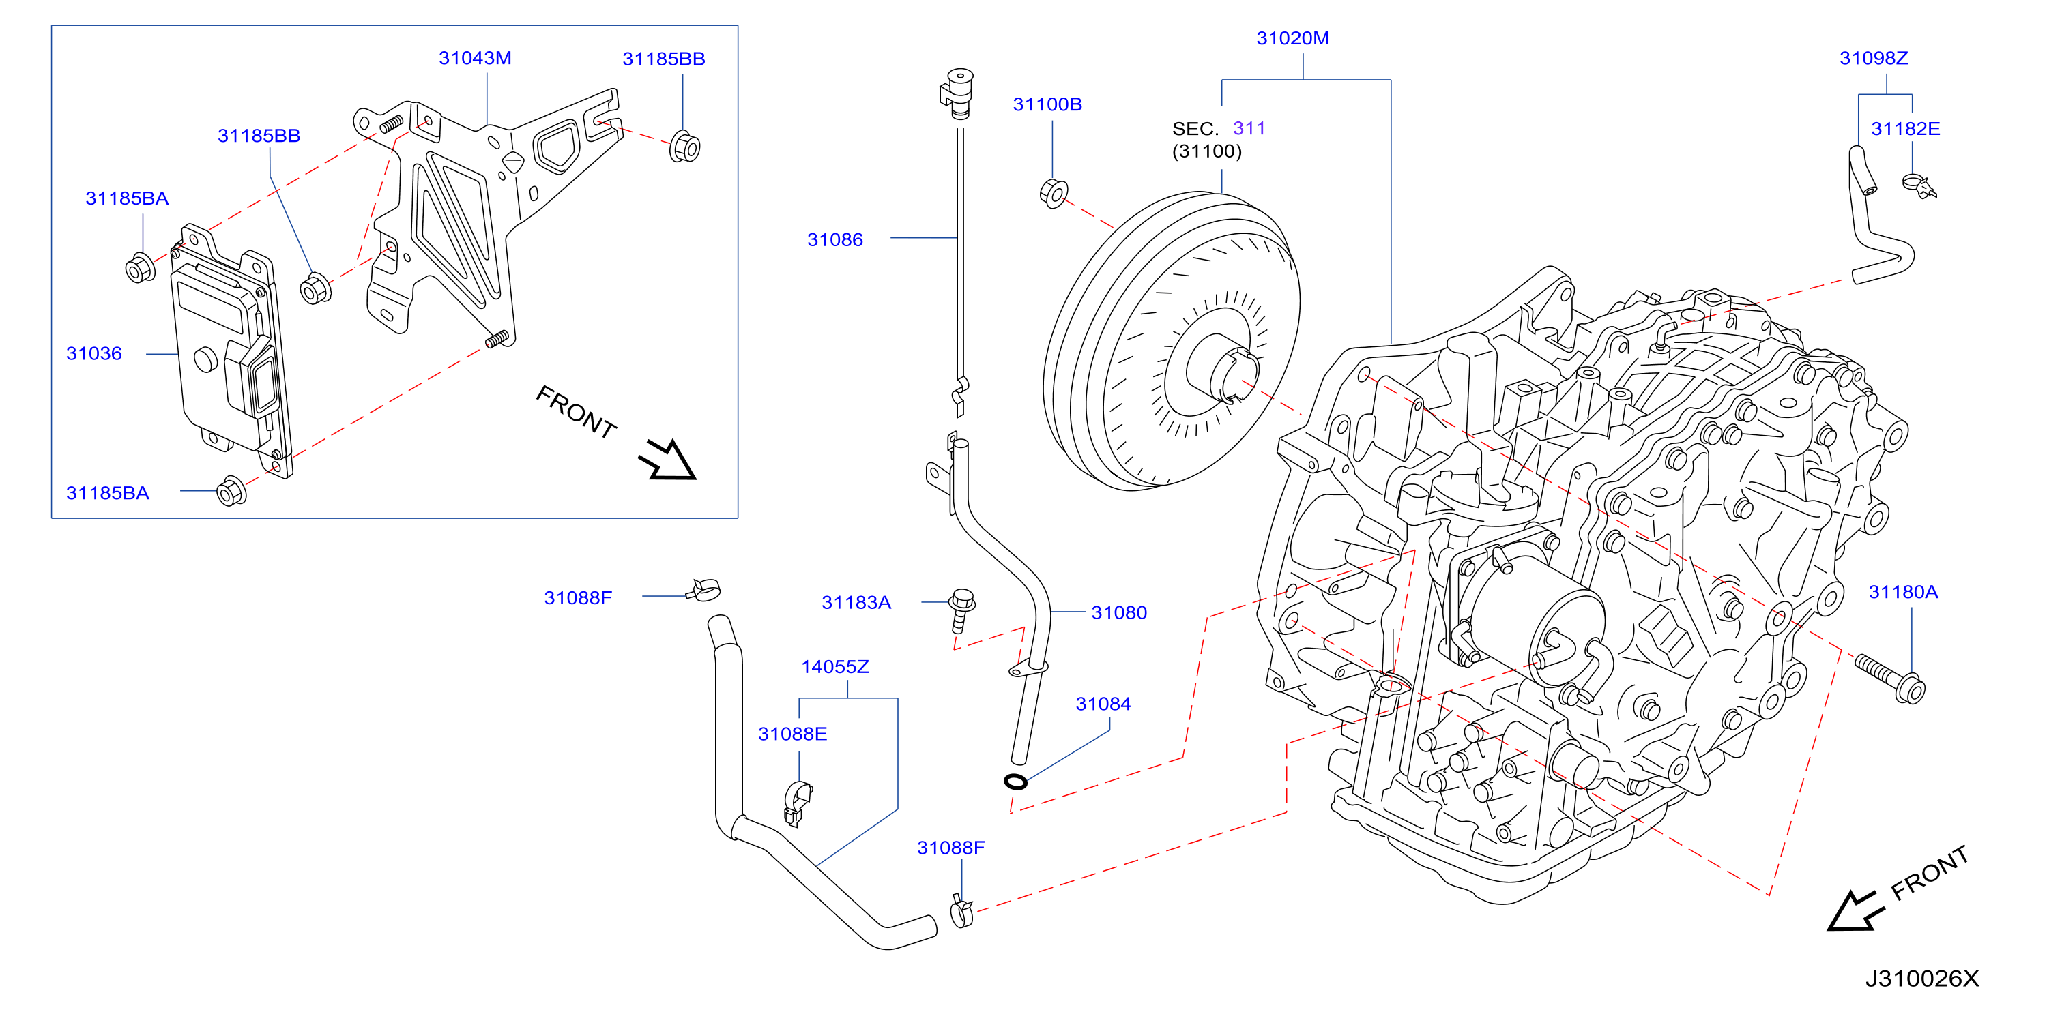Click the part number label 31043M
pyautogui.click(x=475, y=57)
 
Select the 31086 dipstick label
pyautogui.click(x=835, y=239)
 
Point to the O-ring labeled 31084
pyautogui.click(x=1016, y=782)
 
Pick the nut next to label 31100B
pyautogui.click(x=1054, y=194)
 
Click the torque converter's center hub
pyautogui.click(x=1222, y=368)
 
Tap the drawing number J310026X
pyautogui.click(x=1921, y=978)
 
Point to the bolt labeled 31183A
pyautogui.click(x=961, y=609)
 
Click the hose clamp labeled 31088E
pyautogui.click(x=797, y=803)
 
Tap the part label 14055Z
pyautogui.click(x=835, y=666)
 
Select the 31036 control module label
pyautogui.click(x=93, y=353)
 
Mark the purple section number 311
pyautogui.click(x=1249, y=128)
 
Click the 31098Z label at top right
pyautogui.click(x=1873, y=57)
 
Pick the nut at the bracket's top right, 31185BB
pyautogui.click(x=684, y=146)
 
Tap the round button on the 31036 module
pyautogui.click(x=205, y=359)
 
